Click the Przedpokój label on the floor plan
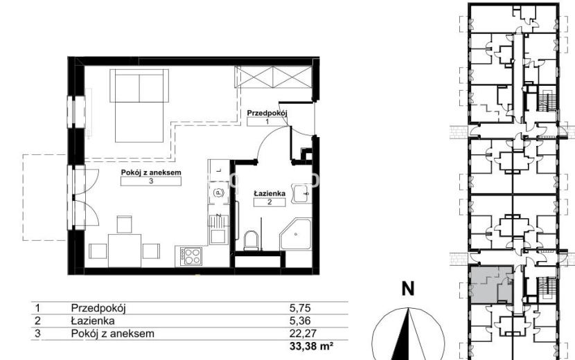(267, 113)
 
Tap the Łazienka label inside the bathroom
(269, 194)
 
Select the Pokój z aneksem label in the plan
(151, 172)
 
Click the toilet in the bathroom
(251, 240)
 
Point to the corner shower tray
(296, 235)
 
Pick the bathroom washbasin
(301, 193)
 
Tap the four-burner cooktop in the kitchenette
(191, 256)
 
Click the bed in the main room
(139, 106)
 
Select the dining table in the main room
(125, 251)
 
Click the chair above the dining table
(124, 224)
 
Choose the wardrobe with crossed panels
(273, 77)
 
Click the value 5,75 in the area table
(300, 308)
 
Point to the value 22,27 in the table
(303, 333)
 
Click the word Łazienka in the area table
(93, 321)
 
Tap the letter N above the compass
(408, 289)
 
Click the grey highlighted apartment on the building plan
(490, 285)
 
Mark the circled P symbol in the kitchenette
(218, 192)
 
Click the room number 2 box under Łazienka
(269, 202)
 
